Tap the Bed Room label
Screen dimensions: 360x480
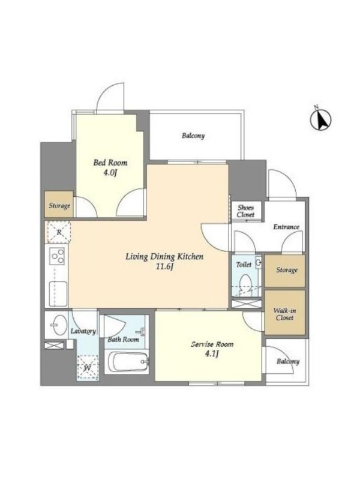point(110,163)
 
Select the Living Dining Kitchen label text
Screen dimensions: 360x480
point(164,257)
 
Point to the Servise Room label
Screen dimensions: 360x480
point(212,344)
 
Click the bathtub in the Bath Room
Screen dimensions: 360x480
point(127,362)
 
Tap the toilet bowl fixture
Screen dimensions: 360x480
point(245,283)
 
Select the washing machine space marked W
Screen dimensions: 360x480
point(88,368)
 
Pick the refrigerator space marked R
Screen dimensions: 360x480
point(59,232)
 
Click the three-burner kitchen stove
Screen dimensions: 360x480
point(58,256)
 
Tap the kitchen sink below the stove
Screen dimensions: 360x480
point(58,294)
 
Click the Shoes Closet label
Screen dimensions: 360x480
point(245,211)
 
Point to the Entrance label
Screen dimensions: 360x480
point(286,227)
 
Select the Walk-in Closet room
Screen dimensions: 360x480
point(284,312)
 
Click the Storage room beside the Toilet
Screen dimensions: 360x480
point(284,271)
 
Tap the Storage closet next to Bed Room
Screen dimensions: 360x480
point(59,205)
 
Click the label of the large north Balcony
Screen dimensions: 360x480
point(193,136)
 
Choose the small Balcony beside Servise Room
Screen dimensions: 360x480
point(287,361)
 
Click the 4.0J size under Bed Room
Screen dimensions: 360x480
point(110,173)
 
